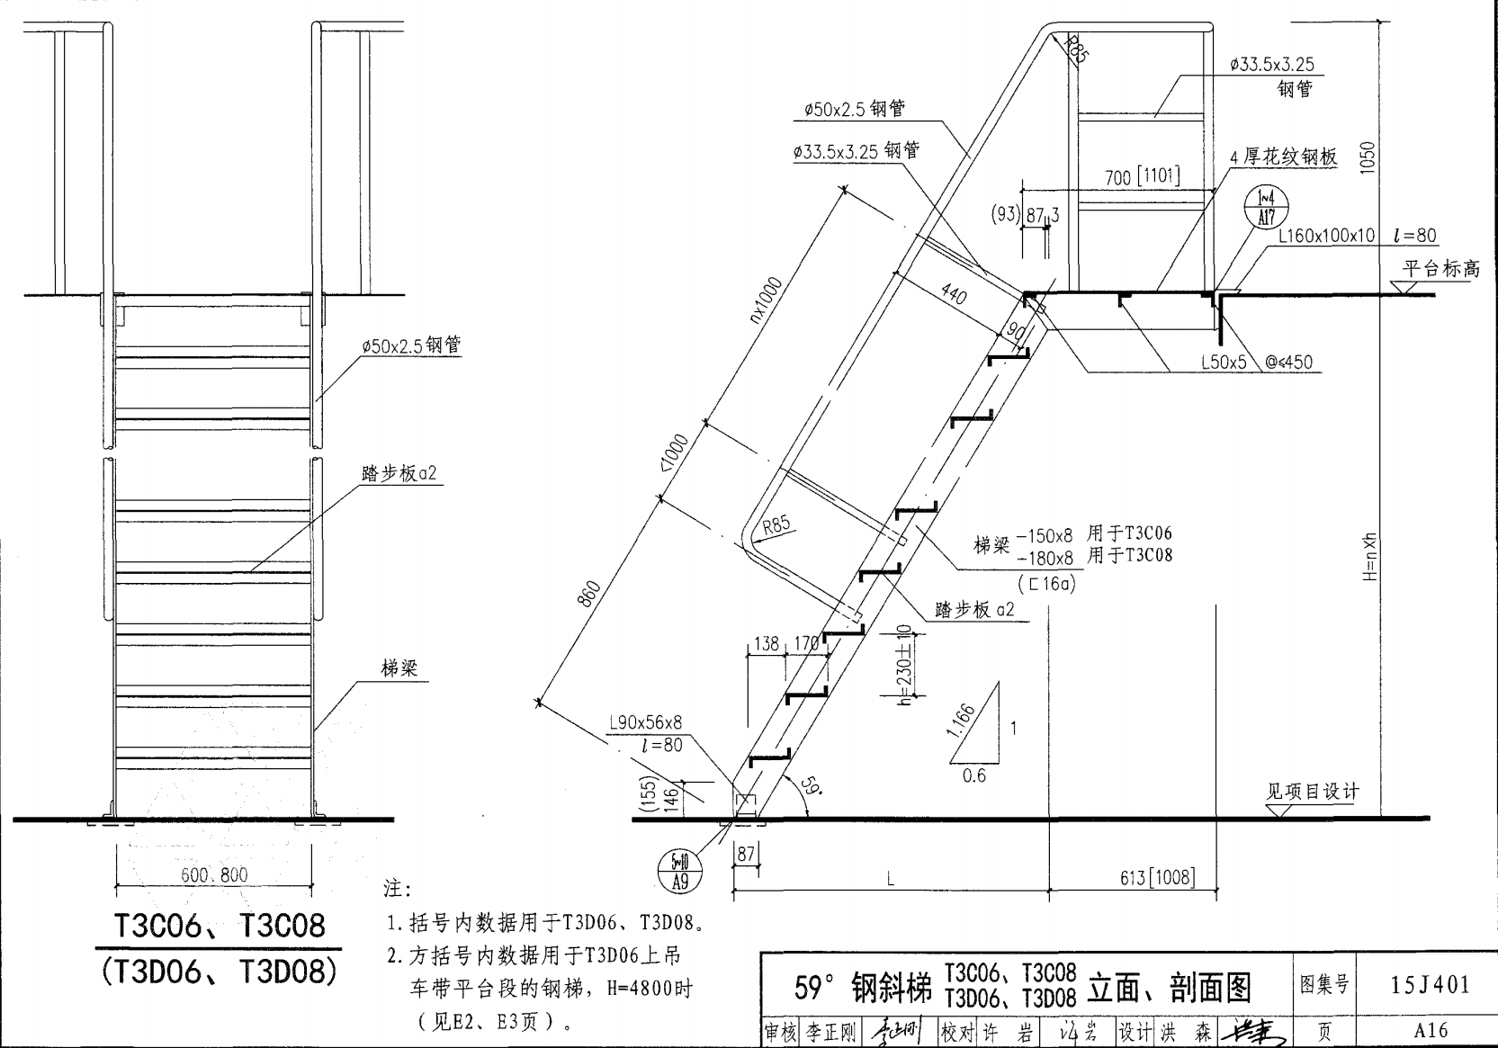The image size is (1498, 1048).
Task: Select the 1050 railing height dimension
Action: pos(1368,159)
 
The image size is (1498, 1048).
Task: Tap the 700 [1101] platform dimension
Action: pos(1142,176)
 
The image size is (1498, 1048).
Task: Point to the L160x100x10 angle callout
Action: pos(1327,236)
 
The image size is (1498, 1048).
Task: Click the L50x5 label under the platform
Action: pos(1224,362)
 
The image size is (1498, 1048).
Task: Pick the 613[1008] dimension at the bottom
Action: pos(1157,877)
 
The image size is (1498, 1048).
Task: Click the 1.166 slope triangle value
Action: pos(961,721)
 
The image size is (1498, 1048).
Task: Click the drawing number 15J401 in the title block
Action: pos(1430,985)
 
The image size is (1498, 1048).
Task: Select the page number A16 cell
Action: pos(1430,1031)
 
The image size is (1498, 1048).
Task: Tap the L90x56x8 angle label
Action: pos(645,722)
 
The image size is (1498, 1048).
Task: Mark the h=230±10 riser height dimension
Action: pos(905,666)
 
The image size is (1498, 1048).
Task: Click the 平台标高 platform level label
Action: pos(1440,268)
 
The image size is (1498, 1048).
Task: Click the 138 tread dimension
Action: pos(766,643)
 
